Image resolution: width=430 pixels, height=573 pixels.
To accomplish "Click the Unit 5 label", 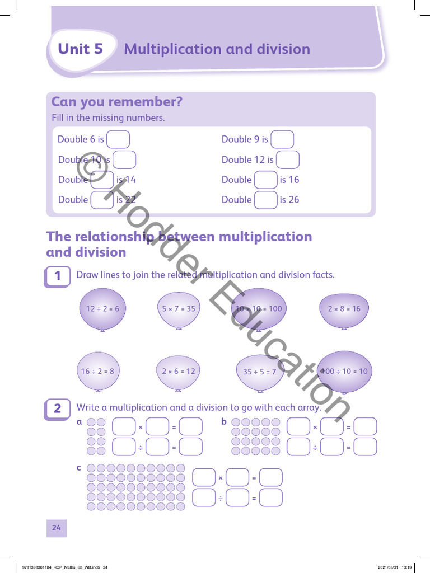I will click(81, 49).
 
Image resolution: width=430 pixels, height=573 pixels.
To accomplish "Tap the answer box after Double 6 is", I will click(118, 139).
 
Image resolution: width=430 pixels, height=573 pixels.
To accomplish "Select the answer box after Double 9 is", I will click(282, 139).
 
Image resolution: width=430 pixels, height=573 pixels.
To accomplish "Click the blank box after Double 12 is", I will click(288, 159).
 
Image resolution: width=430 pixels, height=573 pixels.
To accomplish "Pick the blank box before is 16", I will click(265, 180).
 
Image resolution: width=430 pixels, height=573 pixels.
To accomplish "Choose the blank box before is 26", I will click(265, 200).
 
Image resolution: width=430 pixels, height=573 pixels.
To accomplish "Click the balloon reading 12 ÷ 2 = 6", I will click(102, 309).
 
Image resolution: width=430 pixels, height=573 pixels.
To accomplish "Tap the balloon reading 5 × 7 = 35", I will click(179, 309).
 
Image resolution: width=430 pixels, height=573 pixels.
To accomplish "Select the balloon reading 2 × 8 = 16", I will click(344, 309).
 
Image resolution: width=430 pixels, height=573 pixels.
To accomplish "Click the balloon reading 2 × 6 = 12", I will click(179, 371).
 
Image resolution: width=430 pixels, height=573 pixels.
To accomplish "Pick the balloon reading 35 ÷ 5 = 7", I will click(260, 372).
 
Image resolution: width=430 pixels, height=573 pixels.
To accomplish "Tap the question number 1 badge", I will click(58, 276).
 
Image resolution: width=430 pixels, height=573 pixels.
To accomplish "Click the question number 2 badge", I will click(58, 409).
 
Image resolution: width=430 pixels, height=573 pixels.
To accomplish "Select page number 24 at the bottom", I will click(57, 528).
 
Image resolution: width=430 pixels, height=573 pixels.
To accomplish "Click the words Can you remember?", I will click(117, 102).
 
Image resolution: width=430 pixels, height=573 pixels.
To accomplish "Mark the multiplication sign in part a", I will click(141, 428).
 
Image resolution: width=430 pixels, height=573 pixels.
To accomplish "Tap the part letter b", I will click(224, 421).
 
